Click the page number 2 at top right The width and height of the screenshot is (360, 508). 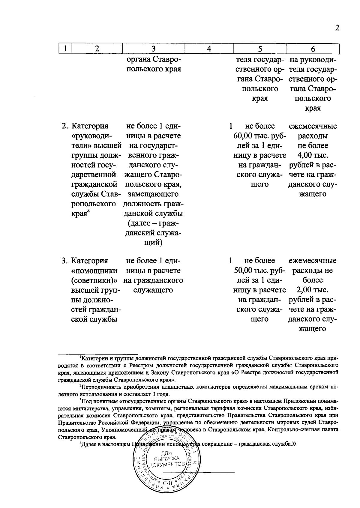click(337, 28)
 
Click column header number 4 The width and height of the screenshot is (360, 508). click(209, 49)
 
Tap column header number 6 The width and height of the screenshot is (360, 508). click(313, 49)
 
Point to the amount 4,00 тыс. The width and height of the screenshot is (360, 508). click(313, 155)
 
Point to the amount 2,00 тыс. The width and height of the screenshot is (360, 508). click(313, 290)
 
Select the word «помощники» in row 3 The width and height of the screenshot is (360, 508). click(94, 270)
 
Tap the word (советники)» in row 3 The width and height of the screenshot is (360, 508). click(94, 280)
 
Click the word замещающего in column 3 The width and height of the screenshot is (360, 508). click(153, 194)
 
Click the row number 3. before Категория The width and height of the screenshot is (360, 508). click(64, 261)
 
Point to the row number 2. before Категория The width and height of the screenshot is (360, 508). click(64, 126)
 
